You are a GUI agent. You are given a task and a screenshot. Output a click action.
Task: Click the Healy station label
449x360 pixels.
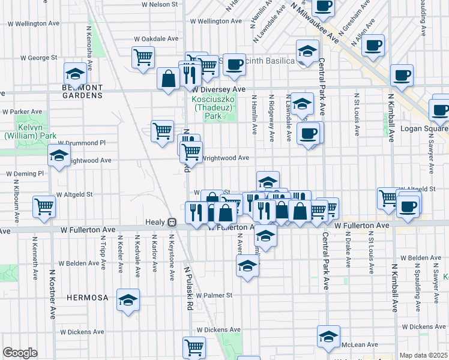coord(155,221)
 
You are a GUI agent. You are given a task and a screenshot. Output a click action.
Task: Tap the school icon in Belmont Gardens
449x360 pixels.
coord(76,74)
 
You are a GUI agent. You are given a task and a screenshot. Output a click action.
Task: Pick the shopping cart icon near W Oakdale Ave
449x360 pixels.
coord(143,58)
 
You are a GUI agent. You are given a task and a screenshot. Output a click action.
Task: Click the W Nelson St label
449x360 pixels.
coord(160,4)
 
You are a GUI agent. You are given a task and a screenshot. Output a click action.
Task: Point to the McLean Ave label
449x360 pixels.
coord(360,345)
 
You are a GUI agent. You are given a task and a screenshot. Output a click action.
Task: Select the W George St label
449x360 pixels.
coord(38,58)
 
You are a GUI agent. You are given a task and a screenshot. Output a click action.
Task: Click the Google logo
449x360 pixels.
coord(20,353)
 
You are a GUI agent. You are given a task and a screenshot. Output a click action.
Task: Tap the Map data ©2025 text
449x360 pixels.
coord(423,355)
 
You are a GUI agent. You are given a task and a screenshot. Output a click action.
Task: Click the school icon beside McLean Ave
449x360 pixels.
coord(328,337)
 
